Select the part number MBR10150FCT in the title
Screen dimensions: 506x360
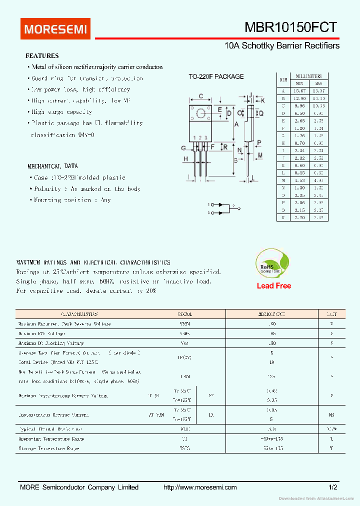290,27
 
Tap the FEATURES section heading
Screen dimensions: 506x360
42,56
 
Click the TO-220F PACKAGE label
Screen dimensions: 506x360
216,76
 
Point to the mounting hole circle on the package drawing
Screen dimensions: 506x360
201,113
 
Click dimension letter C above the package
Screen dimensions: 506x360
200,96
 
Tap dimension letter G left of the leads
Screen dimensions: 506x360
183,148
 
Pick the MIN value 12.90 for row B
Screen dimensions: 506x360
299,98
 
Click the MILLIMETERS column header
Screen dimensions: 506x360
308,76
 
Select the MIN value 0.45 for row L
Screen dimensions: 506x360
299,172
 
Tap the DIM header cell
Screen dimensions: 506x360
283,80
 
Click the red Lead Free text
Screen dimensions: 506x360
273,286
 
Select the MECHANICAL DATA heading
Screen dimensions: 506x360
52,166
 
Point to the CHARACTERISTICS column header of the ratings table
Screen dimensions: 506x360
79,314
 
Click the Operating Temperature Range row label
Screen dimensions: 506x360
51,439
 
